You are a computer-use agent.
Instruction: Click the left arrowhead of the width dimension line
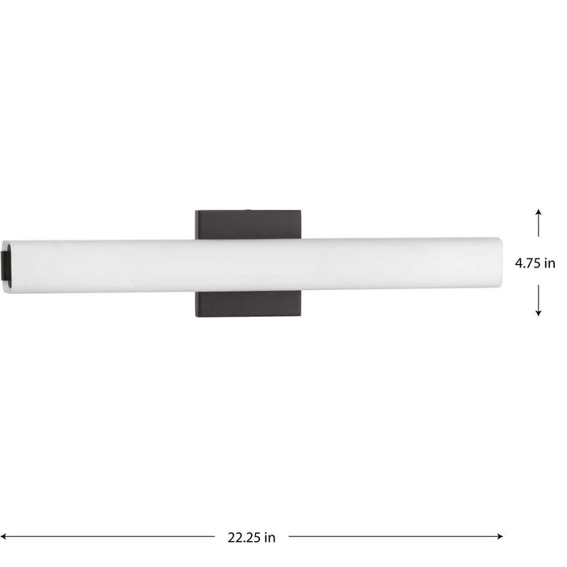pyautogui.click(x=8, y=536)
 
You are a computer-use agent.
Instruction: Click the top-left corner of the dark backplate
pyautogui.click(x=196, y=213)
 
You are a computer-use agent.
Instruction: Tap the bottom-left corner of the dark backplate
pyautogui.click(x=196, y=318)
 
